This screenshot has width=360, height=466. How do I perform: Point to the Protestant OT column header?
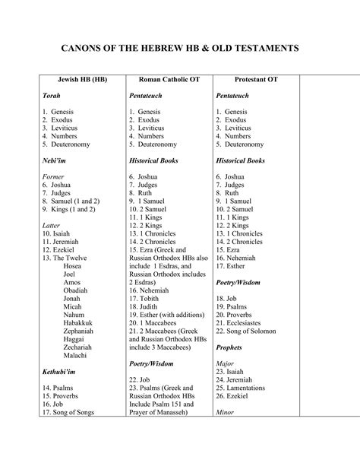[x=245, y=80]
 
